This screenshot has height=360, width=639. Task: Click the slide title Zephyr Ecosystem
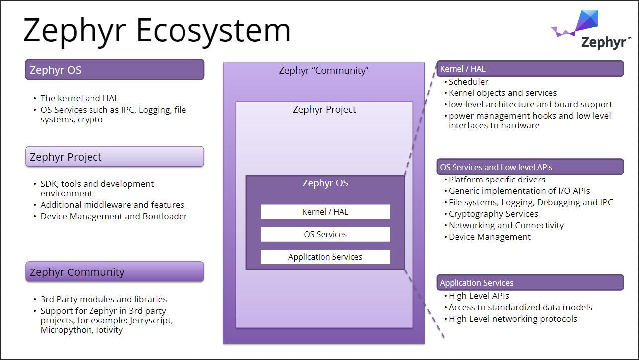point(157,31)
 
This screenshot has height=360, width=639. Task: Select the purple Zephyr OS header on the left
point(115,70)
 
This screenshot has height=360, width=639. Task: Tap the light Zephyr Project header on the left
point(115,157)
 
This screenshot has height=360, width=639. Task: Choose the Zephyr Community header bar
point(115,272)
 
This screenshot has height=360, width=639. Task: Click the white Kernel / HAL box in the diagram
point(325,212)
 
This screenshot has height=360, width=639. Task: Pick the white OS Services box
point(325,234)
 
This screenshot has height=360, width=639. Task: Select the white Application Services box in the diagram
point(325,257)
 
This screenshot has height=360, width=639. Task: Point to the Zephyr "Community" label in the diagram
point(324,71)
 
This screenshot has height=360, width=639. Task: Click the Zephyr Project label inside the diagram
point(324,110)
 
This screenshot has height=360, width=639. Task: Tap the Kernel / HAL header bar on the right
point(530,69)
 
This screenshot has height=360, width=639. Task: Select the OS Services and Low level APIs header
point(530,167)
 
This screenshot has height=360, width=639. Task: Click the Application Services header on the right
point(530,283)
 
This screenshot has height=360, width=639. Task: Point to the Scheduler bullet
point(466,82)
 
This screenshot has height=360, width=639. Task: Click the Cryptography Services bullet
point(491,214)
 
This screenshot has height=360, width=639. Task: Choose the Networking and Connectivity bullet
point(504,225)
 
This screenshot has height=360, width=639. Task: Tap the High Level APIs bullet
point(477,296)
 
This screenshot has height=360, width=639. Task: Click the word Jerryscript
point(151,320)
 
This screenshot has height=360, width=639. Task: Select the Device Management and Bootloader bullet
point(111,216)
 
